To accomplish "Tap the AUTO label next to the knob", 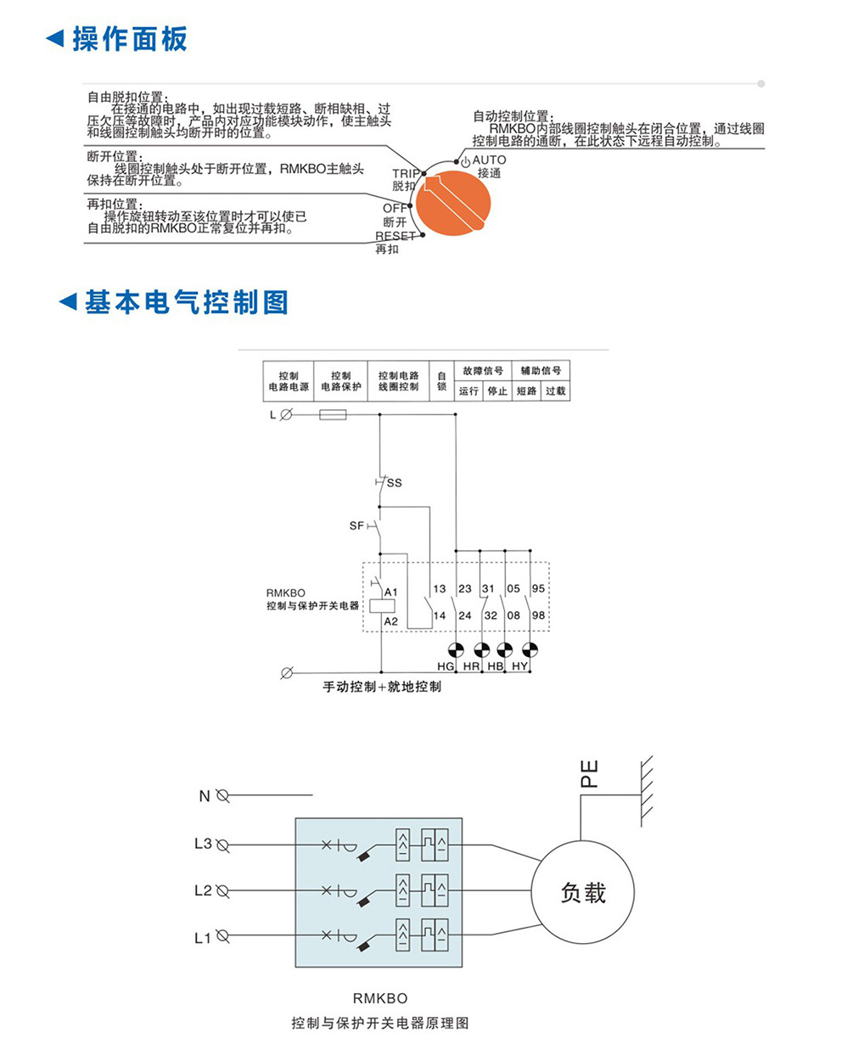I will (x=489, y=160).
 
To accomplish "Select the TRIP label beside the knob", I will (x=406, y=174).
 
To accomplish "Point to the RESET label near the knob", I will (x=395, y=236).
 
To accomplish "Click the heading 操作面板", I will (x=129, y=39).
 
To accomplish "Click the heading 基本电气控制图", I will (x=186, y=302).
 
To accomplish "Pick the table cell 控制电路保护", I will (x=341, y=381).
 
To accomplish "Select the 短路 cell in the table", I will (x=527, y=391).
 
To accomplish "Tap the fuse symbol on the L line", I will (x=332, y=415).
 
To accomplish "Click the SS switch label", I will (x=395, y=483).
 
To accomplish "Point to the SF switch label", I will (x=356, y=526).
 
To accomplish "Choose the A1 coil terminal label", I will (x=391, y=592).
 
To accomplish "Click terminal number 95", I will (x=538, y=588).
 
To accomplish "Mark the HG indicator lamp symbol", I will (x=456, y=650).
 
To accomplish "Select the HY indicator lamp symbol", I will (x=530, y=650).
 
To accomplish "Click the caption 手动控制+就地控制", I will (x=382, y=687).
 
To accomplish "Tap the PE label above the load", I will (x=589, y=773).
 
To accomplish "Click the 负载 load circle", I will (x=583, y=892).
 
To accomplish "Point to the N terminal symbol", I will (x=223, y=795).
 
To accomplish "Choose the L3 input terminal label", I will (x=203, y=844).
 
